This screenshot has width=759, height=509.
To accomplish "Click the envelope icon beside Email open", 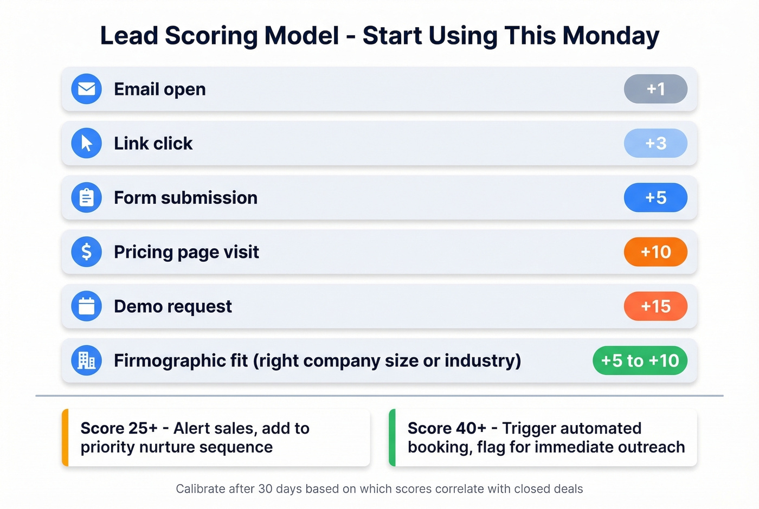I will pyautogui.click(x=87, y=89).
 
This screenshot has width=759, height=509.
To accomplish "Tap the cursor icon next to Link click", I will pyautogui.click(x=87, y=143).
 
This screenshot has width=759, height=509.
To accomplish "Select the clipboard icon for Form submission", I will pyautogui.click(x=87, y=197).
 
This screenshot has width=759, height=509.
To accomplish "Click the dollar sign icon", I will pyautogui.click(x=87, y=252).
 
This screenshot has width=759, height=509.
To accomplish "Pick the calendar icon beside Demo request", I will pyautogui.click(x=87, y=306).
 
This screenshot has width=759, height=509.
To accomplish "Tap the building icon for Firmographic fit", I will pyautogui.click(x=87, y=360).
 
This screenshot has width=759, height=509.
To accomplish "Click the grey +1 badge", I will pyautogui.click(x=655, y=89).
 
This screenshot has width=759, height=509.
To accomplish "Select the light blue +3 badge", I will pyautogui.click(x=655, y=143).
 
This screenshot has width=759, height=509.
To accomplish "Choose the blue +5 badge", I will pyautogui.click(x=655, y=197).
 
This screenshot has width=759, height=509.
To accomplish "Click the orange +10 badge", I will pyautogui.click(x=655, y=252).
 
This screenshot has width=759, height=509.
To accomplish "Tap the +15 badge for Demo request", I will pyautogui.click(x=655, y=306).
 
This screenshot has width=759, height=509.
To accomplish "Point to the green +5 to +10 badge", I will pyautogui.click(x=640, y=360).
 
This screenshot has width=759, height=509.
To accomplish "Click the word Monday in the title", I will pyautogui.click(x=610, y=36).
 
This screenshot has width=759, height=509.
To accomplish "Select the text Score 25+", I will pyautogui.click(x=119, y=428).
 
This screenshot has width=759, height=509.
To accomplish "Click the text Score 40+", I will pyautogui.click(x=447, y=428).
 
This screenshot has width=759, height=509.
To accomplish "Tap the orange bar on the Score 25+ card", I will pyautogui.click(x=66, y=437).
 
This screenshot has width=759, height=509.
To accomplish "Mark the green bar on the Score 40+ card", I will pyautogui.click(x=393, y=437).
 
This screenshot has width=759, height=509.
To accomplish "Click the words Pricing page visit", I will pyautogui.click(x=186, y=252).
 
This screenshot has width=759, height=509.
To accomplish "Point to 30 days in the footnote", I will pyautogui.click(x=280, y=489).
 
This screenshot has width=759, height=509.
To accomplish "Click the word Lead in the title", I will pyautogui.click(x=128, y=36).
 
